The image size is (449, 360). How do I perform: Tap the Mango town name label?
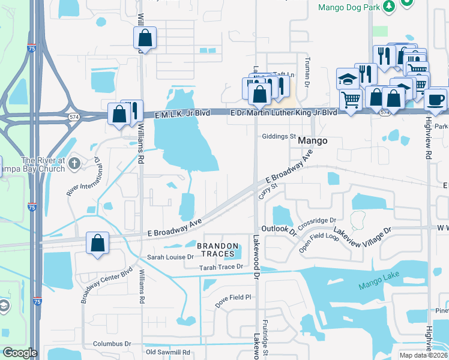(313, 140)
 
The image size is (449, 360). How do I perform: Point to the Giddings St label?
(279, 136)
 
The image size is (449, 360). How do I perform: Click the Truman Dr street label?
(306, 73)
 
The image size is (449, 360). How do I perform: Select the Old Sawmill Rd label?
(168, 352)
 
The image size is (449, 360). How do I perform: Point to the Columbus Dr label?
(112, 344)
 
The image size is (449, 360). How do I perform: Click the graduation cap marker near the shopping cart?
(347, 78)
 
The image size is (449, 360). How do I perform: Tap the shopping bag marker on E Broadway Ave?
(97, 243)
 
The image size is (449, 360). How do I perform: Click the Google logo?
(20, 353)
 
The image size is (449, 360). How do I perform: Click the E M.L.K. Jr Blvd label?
(182, 113)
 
